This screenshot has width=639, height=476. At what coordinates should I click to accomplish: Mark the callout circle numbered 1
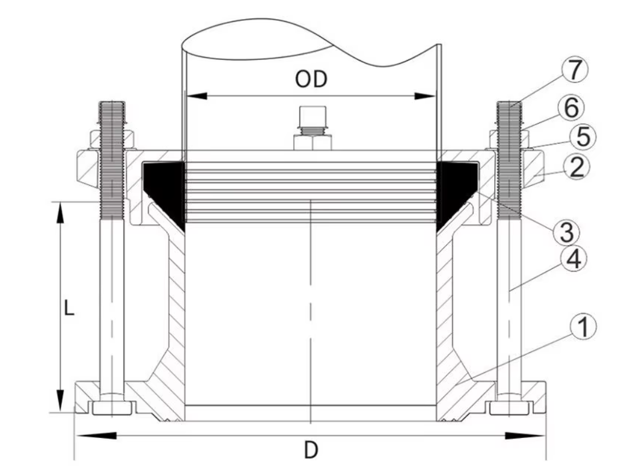click(x=584, y=327)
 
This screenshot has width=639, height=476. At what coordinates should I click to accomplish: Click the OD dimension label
click(x=311, y=80)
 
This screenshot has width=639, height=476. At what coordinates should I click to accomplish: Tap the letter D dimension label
click(x=311, y=450)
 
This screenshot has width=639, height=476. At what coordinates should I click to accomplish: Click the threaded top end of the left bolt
click(x=112, y=116)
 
